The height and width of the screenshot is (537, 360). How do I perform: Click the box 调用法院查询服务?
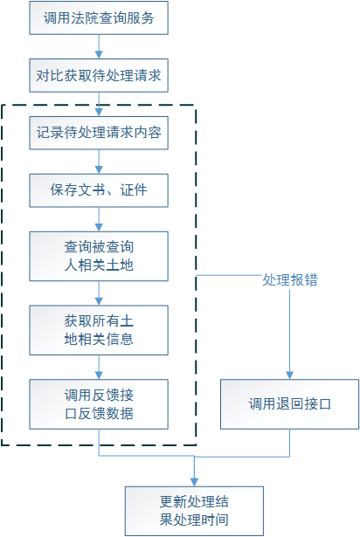coord(99,17)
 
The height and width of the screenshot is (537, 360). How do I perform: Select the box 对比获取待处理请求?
coord(99,75)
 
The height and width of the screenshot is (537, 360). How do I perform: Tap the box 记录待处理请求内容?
coord(99,133)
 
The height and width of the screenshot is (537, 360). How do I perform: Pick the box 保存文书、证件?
coord(99,190)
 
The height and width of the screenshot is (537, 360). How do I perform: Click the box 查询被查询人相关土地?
coord(99,256)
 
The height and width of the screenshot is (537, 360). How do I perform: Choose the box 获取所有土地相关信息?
coord(99,330)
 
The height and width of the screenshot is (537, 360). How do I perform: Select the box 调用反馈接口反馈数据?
coord(99,404)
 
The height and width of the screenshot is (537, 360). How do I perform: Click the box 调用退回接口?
coord(290,404)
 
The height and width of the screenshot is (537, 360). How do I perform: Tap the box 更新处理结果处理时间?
coord(194,511)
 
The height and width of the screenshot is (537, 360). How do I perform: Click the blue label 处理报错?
coord(290,279)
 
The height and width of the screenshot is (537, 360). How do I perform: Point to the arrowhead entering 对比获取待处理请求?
coord(99,55)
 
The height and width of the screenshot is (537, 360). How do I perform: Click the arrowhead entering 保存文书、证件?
coord(99,170)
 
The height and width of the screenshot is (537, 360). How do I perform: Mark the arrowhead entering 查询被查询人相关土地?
coord(99,227)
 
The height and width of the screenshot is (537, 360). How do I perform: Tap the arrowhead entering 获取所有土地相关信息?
coord(99,301)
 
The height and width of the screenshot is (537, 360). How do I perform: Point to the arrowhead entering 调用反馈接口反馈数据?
coord(99,375)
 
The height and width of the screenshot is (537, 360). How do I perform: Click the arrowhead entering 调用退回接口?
coord(290,375)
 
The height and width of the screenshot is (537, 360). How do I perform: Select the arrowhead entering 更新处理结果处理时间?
coord(194,482)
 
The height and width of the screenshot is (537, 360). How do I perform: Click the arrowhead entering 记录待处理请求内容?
coord(99,113)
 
